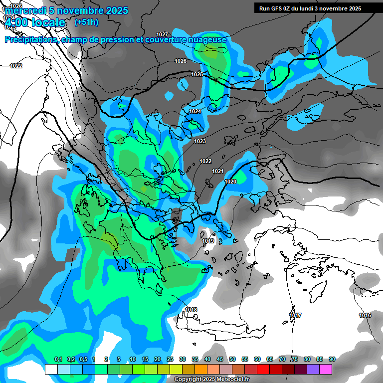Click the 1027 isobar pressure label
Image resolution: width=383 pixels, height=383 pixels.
162,34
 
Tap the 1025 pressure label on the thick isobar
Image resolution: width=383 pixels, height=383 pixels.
197,74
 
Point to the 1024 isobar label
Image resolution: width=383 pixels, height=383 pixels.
195,111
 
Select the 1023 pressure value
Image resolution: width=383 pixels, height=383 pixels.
200,141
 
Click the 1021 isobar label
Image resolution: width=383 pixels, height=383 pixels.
218,171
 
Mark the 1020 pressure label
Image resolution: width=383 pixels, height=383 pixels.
230,182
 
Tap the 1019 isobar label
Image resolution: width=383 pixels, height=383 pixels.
208,241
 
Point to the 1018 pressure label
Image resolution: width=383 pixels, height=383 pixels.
191,310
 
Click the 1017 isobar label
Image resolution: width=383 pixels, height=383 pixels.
296,315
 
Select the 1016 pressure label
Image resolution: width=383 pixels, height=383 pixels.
365,315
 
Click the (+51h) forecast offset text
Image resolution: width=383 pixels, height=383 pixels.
86,22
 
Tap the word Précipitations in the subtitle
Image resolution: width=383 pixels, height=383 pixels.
30,40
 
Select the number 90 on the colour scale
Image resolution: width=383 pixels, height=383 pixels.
332,360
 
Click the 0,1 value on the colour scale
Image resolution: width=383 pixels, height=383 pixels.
58,360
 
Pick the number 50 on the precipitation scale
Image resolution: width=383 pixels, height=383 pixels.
232,360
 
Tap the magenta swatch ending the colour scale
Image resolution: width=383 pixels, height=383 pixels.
326,369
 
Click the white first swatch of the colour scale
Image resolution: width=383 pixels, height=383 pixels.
51,369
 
